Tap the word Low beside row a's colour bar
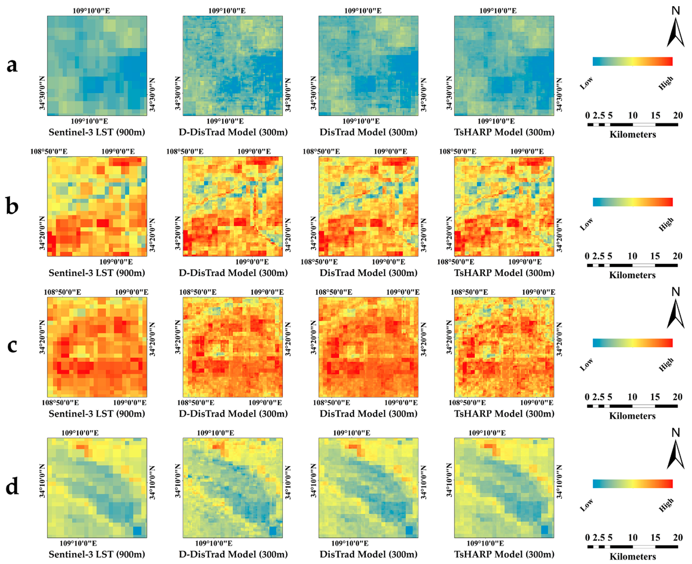pyautogui.click(x=586, y=83)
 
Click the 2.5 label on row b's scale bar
pyautogui.click(x=598, y=256)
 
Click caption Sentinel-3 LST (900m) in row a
pyautogui.click(x=97, y=132)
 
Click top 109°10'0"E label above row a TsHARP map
pyautogui.click(x=498, y=11)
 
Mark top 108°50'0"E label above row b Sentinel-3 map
pyautogui.click(x=49, y=151)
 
